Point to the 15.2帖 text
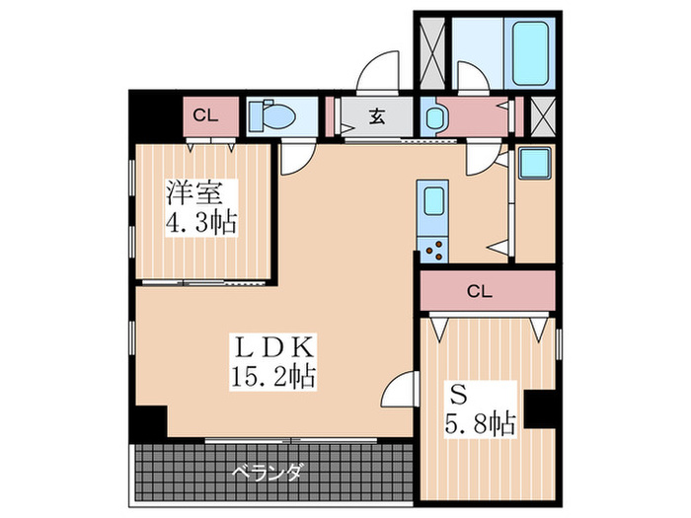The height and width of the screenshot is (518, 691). (x=268, y=376)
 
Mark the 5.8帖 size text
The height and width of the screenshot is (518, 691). (x=477, y=424)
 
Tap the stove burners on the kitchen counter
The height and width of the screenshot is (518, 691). (x=432, y=250)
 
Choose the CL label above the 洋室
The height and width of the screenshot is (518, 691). (x=205, y=115)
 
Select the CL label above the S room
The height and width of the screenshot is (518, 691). (x=480, y=290)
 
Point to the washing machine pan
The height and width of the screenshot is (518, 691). (x=538, y=163)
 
